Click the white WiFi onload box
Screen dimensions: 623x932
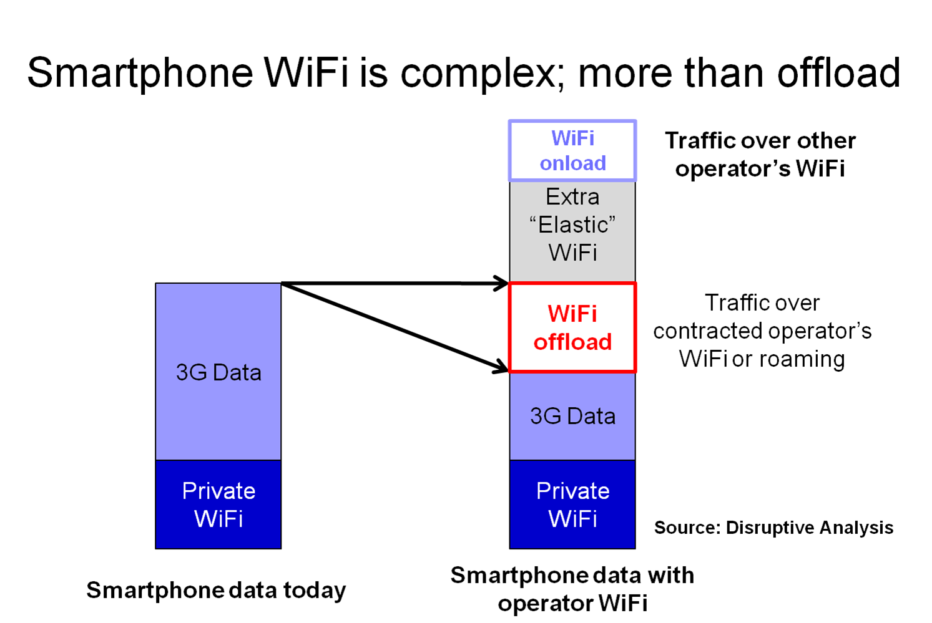(x=572, y=150)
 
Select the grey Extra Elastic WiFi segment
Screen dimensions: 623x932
(x=572, y=231)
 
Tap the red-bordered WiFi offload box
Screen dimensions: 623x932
(x=572, y=327)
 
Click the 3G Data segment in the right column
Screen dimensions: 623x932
(x=572, y=416)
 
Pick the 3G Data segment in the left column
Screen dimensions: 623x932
(x=218, y=372)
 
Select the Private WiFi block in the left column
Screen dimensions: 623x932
(x=218, y=505)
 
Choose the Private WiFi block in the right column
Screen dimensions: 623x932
(x=572, y=505)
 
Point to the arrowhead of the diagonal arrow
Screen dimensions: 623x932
(x=501, y=367)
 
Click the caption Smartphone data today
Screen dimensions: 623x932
(x=216, y=590)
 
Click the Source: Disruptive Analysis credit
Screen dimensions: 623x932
(x=773, y=528)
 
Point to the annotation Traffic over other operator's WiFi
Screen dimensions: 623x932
(x=760, y=154)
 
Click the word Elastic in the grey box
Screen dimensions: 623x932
(x=572, y=225)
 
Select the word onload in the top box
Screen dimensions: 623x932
(x=572, y=163)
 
